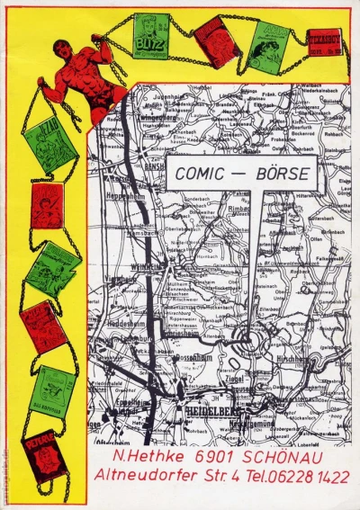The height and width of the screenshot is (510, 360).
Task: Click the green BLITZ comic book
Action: (x=150, y=36)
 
